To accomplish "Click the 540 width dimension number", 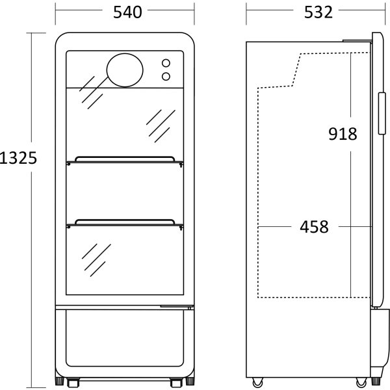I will coord(125,12).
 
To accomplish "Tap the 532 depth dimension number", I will coord(317,12).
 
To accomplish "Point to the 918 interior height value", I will coord(342,134).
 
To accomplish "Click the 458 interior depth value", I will coord(314,227).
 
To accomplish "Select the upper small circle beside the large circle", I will coord(166,64).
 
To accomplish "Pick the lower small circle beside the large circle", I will coord(166,77).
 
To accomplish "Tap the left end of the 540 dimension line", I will coord(56,12).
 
